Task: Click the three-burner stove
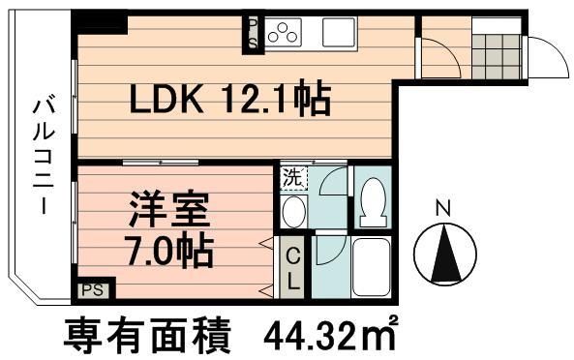pos(283,35)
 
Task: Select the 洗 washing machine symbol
pos(291,179)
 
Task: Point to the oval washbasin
pos(293,212)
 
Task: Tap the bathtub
pos(371,266)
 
